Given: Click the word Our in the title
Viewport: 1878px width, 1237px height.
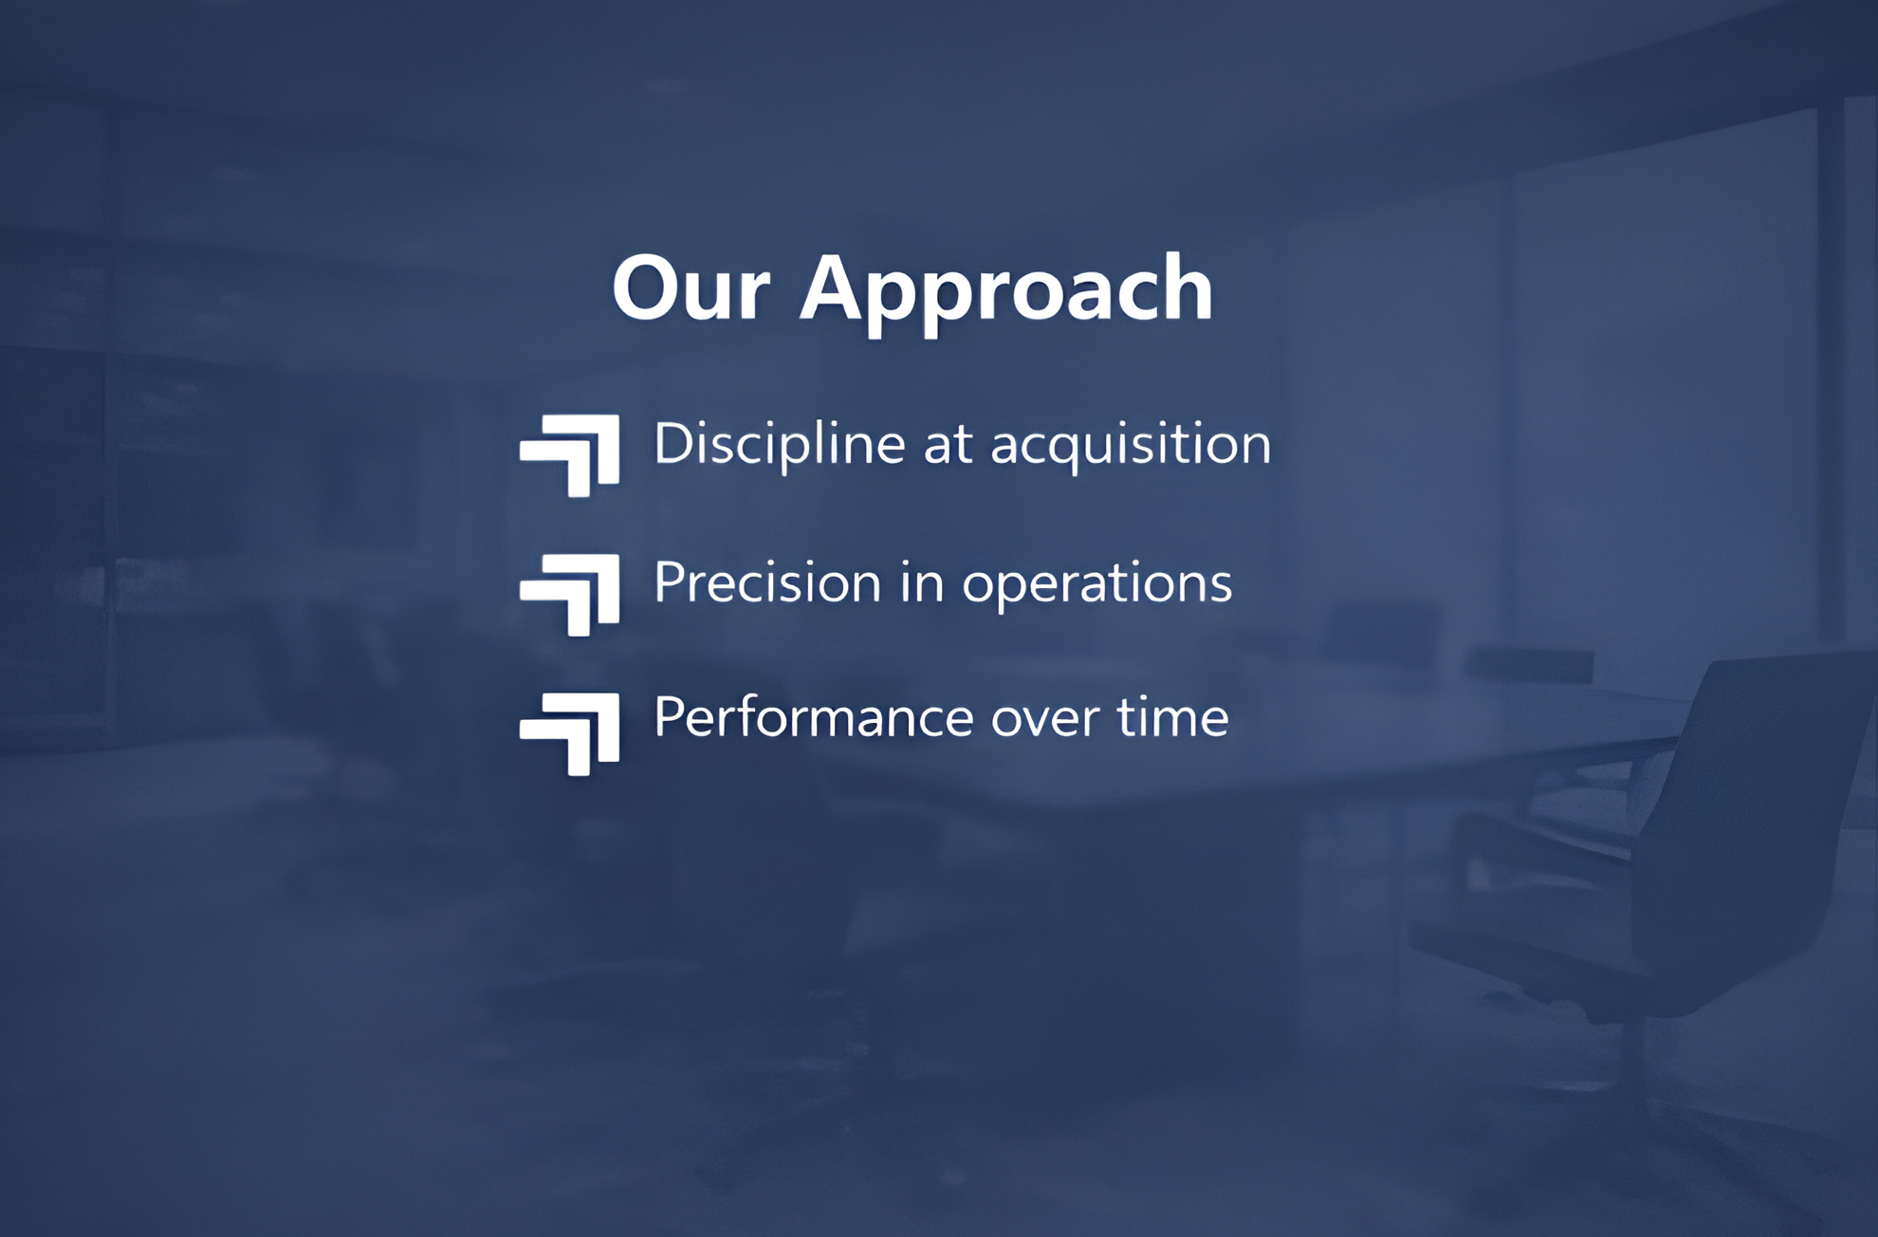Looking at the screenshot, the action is pyautogui.click(x=690, y=287).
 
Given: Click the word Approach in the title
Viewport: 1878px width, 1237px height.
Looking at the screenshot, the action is pyautogui.click(x=1006, y=293).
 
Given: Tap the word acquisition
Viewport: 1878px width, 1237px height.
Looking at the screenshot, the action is pyautogui.click(x=1131, y=445).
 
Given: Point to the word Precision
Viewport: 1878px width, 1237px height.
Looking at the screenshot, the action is pyautogui.click(x=767, y=582).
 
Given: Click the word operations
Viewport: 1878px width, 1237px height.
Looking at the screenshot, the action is pyautogui.click(x=1097, y=584).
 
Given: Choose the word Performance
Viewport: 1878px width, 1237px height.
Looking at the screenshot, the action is pyautogui.click(x=813, y=717).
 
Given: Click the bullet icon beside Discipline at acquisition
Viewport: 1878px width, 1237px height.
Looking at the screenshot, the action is pyautogui.click(x=570, y=455).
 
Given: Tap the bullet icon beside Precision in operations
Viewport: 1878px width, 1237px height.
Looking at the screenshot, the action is pyautogui.click(x=570, y=595).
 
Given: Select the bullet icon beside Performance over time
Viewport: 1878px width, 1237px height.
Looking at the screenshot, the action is pyautogui.click(x=570, y=734).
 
